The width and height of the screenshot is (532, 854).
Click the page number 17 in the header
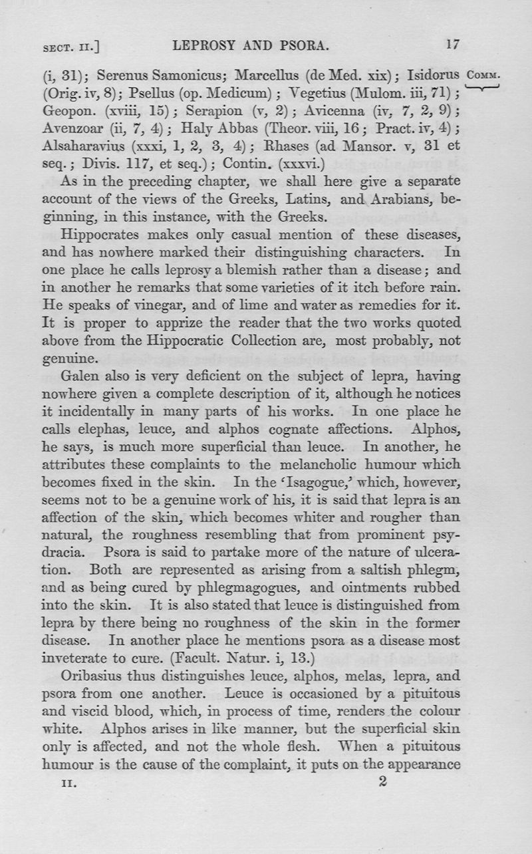[x=453, y=45]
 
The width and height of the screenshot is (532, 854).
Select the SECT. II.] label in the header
[x=74, y=47]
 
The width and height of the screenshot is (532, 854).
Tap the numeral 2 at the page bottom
[x=381, y=782]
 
